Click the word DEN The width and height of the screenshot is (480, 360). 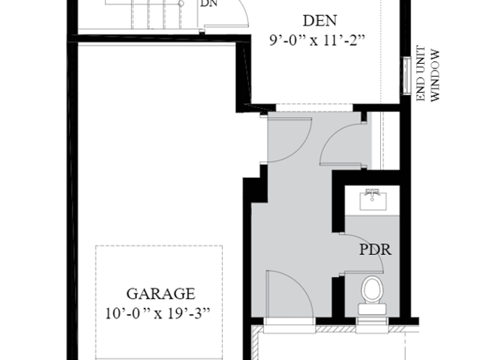[320, 21]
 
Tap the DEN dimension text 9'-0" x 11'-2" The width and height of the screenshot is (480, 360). [317, 40]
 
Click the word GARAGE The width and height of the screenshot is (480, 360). [160, 293]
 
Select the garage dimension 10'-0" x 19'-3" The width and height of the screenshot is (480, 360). [157, 313]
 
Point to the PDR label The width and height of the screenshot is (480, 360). [375, 250]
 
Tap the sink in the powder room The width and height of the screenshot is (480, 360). [373, 199]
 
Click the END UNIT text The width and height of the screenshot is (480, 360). [421, 73]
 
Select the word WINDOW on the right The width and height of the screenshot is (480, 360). [435, 75]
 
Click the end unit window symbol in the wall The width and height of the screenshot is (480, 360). [406, 76]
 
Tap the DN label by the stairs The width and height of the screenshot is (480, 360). [209, 3]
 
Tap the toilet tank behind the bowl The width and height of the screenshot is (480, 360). [372, 309]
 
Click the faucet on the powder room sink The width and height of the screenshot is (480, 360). [372, 193]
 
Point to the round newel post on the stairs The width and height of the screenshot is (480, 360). [181, 4]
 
